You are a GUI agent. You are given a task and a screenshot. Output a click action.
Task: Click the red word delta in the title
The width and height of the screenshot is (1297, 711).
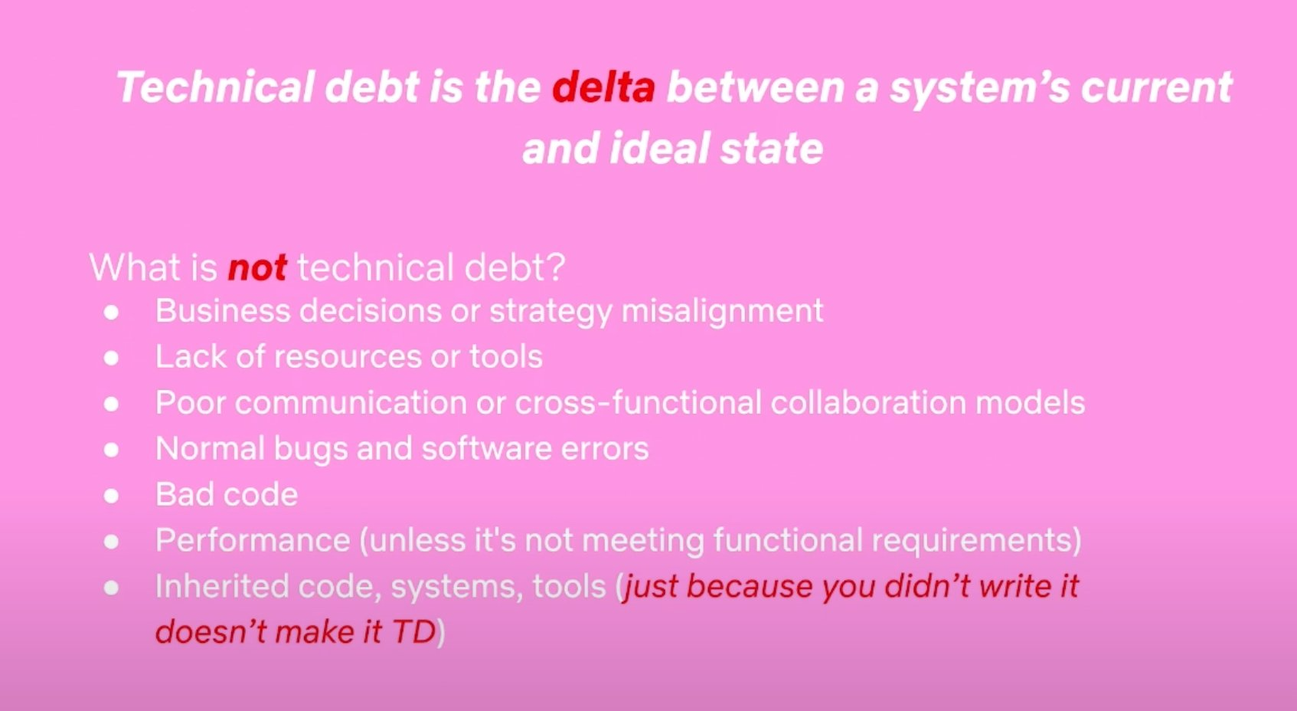(x=603, y=87)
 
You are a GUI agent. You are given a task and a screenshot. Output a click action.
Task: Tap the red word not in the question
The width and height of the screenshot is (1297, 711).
(x=257, y=267)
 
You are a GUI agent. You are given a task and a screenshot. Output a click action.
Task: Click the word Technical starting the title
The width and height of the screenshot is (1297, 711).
(x=215, y=87)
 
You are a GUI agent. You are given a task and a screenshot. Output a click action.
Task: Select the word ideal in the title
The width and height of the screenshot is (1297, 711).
(x=659, y=148)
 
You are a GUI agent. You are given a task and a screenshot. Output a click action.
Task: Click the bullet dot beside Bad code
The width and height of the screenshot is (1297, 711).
(x=111, y=496)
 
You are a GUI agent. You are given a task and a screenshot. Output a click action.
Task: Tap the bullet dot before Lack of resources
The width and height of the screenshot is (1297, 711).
(x=111, y=358)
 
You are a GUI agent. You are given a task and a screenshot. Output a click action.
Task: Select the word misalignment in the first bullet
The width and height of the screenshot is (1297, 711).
(x=722, y=312)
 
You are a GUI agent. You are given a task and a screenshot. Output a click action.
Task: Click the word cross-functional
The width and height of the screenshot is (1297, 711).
(x=638, y=402)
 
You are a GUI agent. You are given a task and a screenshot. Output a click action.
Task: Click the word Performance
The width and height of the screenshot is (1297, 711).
(x=253, y=540)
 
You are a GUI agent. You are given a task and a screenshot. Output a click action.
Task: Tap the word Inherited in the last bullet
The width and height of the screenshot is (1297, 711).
(x=222, y=586)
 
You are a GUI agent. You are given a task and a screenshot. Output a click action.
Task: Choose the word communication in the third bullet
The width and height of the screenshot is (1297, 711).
(x=351, y=402)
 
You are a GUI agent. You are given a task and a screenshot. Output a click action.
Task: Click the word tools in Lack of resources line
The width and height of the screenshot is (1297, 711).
(x=505, y=356)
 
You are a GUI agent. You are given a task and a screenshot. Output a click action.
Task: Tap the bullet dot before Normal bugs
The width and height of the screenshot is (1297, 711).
(x=111, y=450)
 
